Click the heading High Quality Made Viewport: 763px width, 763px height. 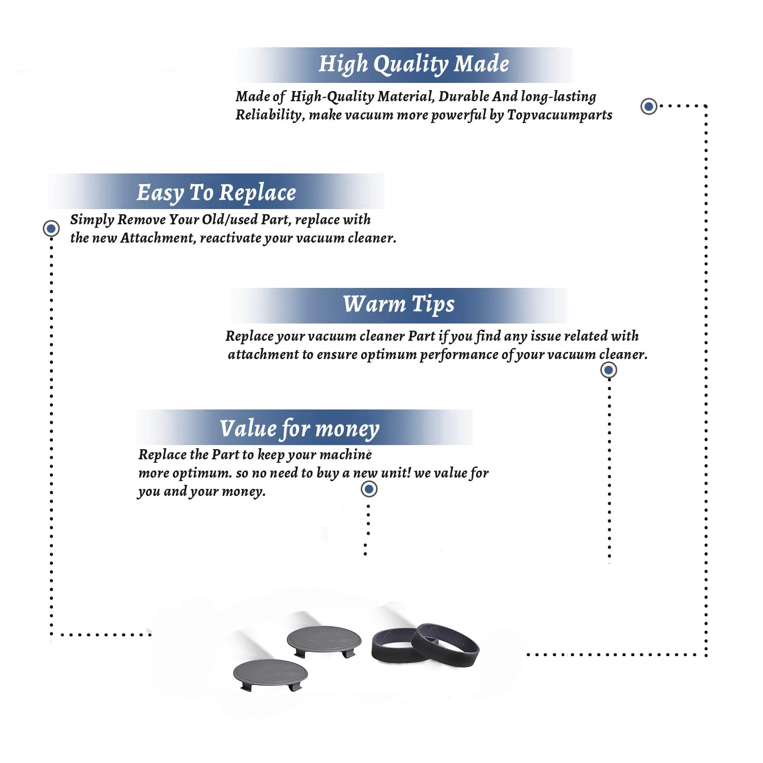(414, 65)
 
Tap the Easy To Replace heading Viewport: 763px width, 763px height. (216, 193)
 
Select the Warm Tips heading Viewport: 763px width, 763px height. (399, 304)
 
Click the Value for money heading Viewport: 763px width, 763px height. (300, 429)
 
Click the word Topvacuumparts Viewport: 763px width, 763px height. (560, 115)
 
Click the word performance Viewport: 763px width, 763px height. (459, 355)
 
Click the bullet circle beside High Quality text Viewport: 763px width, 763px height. (649, 106)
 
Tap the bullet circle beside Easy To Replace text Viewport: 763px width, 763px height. (51, 228)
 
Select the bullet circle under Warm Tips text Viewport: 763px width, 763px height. (609, 370)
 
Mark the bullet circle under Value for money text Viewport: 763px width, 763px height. (369, 489)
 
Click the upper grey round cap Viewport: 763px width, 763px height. (324, 640)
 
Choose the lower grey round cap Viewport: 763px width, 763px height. (270, 673)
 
